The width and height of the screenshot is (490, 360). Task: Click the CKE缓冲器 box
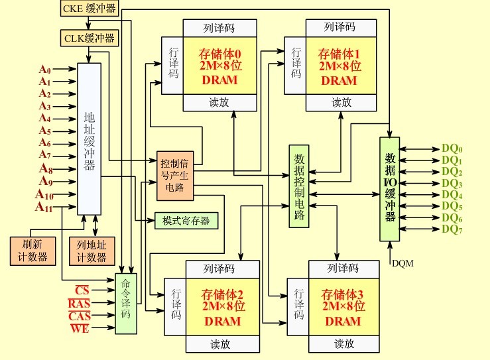(90, 9)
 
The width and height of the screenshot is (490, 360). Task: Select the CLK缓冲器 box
(90, 38)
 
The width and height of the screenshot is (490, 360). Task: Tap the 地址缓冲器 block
(90, 138)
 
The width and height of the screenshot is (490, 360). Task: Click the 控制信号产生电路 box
(175, 176)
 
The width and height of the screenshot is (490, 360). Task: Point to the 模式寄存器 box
(186, 220)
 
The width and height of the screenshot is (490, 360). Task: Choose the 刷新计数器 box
(32, 250)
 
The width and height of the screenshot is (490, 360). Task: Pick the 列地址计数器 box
(92, 250)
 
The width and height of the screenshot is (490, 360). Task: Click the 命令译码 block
(126, 303)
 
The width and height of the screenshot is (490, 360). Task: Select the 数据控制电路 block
(300, 186)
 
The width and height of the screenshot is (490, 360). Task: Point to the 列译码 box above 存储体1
(339, 27)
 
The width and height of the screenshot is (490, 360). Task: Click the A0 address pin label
(44, 70)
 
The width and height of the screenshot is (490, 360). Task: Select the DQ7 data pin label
(452, 229)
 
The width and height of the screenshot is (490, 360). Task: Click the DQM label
(403, 263)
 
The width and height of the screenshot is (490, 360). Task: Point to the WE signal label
(80, 328)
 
